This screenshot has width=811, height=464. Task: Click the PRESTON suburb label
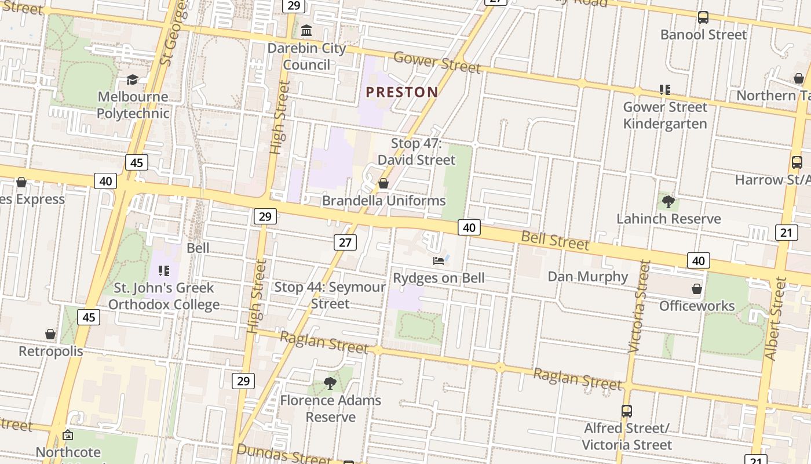(402, 92)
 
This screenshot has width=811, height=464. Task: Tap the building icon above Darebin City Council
(306, 30)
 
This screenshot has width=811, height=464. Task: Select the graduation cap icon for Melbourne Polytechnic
(133, 79)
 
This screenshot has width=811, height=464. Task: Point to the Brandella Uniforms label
(384, 201)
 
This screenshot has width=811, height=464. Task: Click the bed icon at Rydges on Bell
(439, 260)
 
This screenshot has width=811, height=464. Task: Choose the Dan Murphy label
(588, 276)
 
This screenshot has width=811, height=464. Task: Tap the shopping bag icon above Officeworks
(697, 288)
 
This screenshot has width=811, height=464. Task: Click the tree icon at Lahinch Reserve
(668, 202)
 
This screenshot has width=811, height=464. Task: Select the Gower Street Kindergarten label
(665, 115)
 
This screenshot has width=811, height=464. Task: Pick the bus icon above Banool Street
(703, 17)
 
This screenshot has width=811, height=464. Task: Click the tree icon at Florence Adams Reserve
(330, 383)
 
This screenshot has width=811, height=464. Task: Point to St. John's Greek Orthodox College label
(164, 296)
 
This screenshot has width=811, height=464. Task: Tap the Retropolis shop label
(51, 351)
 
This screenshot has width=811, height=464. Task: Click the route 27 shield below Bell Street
(345, 242)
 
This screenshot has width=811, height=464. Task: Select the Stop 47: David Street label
(417, 151)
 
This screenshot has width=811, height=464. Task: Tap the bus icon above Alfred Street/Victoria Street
(626, 411)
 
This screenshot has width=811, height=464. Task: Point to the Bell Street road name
(555, 240)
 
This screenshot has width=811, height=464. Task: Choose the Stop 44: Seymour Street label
(330, 295)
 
